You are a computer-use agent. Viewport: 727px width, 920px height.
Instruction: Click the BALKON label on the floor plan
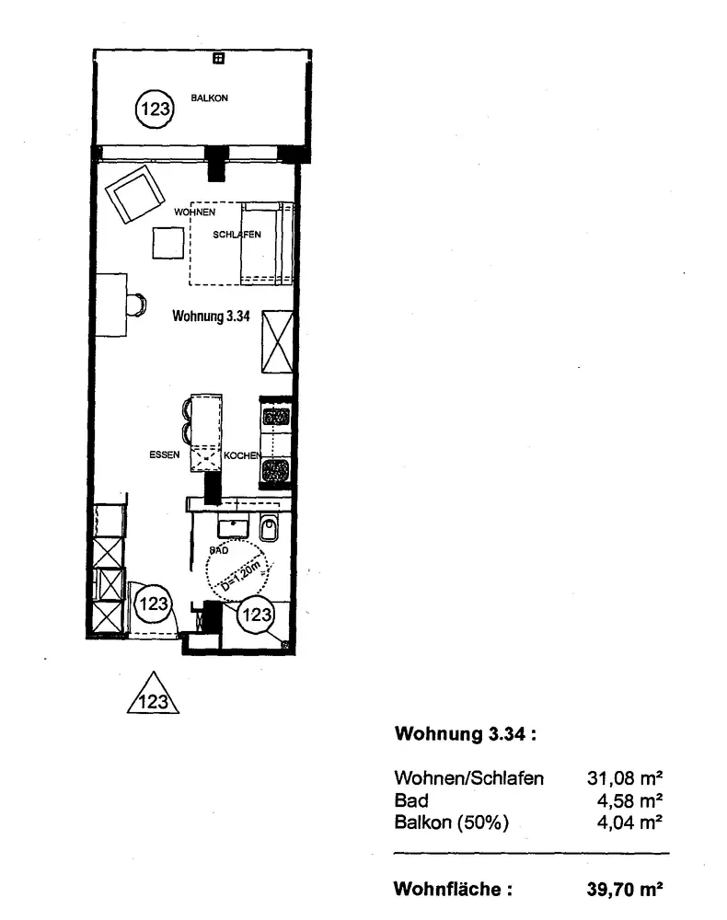tap(210, 98)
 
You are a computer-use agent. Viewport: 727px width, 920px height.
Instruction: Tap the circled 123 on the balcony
tap(155, 109)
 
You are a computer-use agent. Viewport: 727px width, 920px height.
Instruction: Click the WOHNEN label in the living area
tap(193, 213)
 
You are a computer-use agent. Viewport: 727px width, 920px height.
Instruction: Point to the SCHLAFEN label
tap(237, 235)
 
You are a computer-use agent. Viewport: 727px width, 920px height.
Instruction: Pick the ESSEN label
tap(163, 454)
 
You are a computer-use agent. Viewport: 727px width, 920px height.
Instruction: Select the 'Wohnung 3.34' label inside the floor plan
tap(212, 316)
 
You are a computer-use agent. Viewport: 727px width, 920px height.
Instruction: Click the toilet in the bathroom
tap(268, 529)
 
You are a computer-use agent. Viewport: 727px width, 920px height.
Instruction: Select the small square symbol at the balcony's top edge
tap(218, 60)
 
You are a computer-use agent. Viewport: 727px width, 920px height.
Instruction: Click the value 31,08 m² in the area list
tap(626, 778)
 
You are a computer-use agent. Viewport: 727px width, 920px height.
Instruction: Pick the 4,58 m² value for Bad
tap(630, 800)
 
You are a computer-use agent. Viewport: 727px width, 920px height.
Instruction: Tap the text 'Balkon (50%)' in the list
tap(451, 822)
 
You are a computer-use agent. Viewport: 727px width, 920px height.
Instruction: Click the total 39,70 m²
tap(625, 890)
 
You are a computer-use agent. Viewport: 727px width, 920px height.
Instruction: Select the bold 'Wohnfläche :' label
tap(452, 890)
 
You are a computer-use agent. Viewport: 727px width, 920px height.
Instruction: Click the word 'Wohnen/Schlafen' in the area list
tap(468, 778)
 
